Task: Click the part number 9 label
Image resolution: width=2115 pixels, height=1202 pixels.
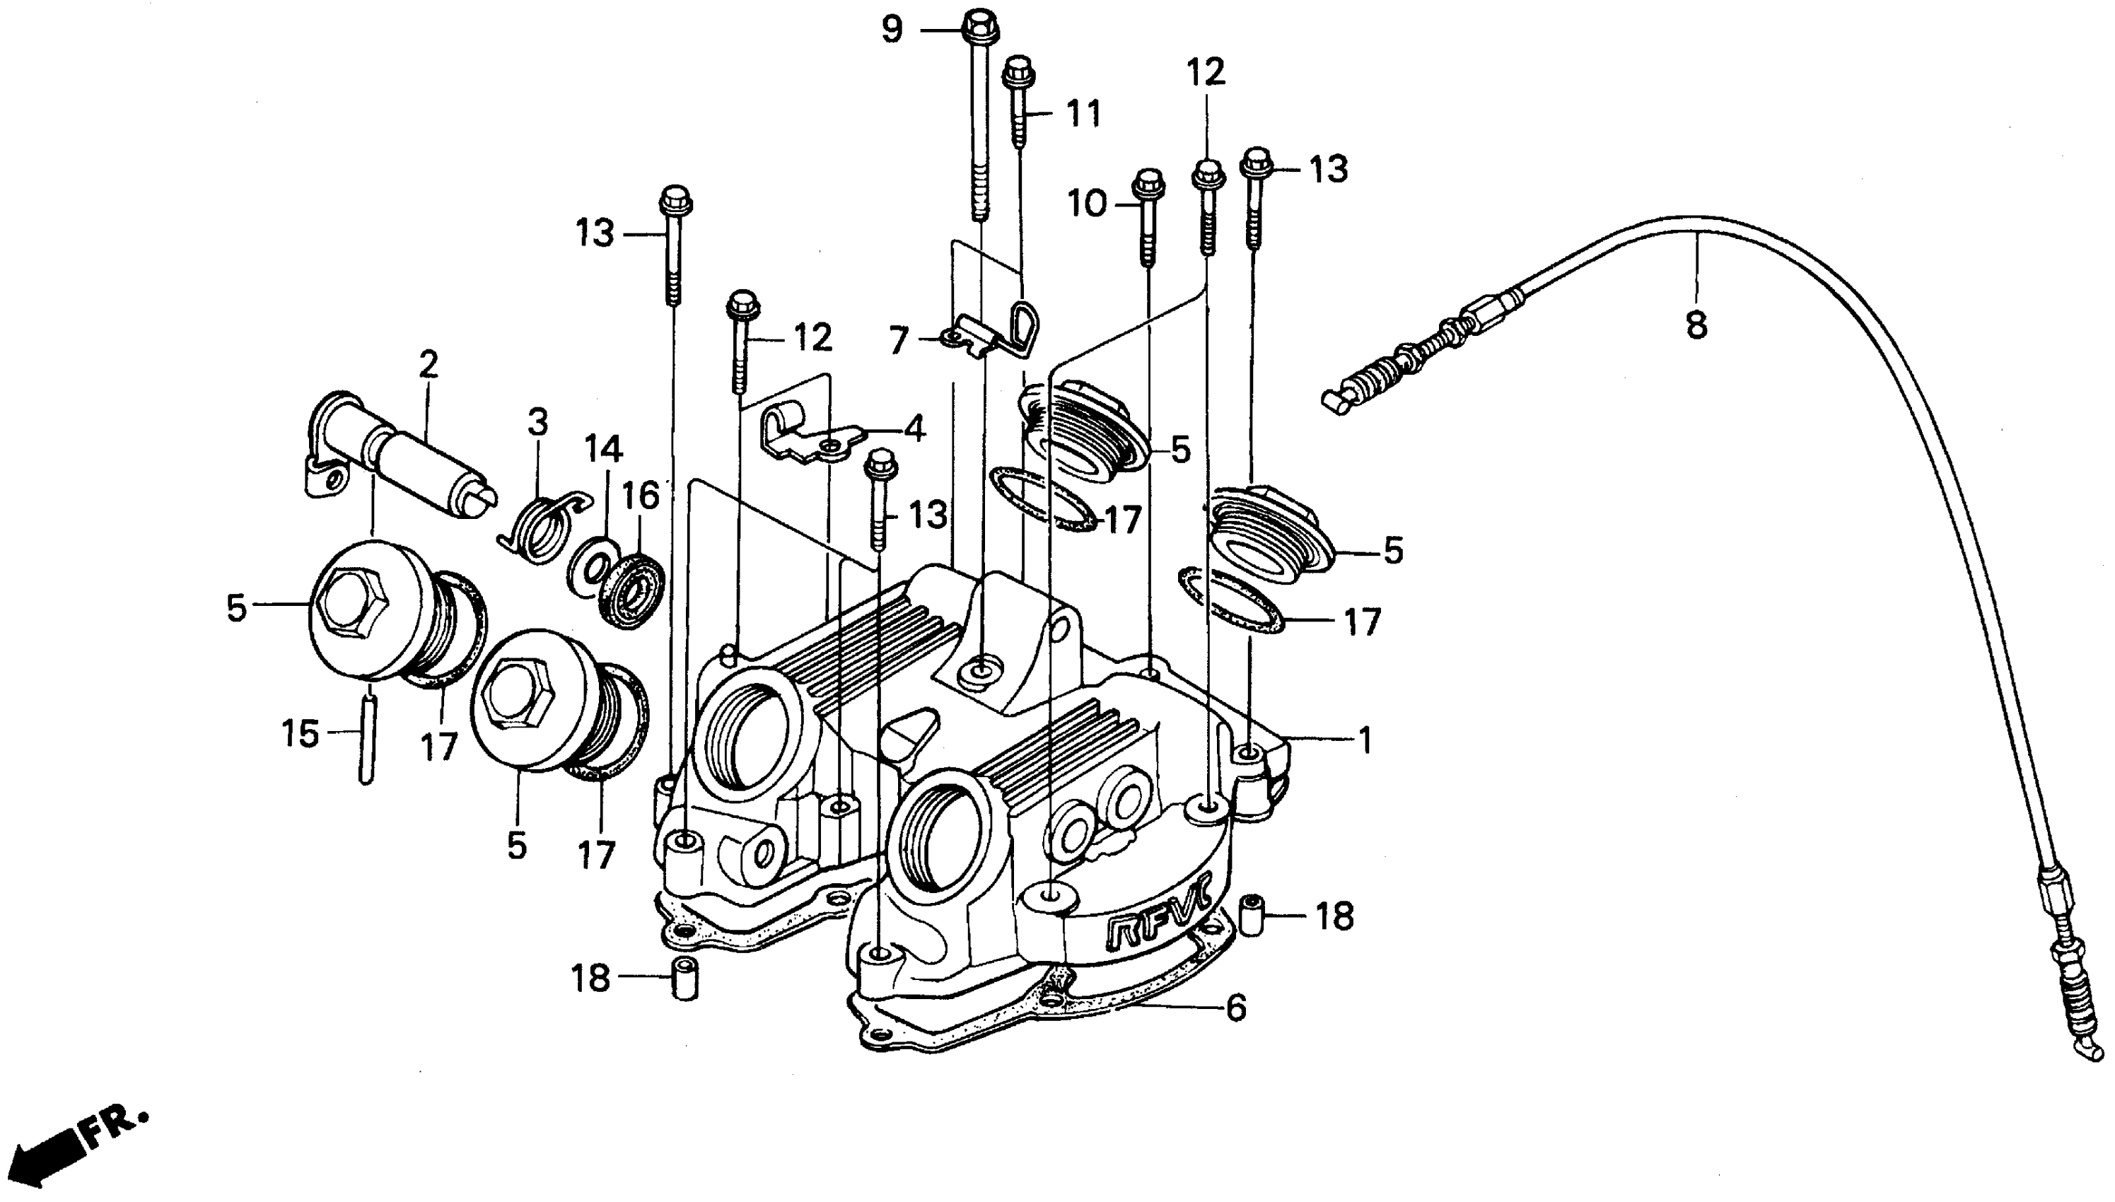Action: pyautogui.click(x=892, y=30)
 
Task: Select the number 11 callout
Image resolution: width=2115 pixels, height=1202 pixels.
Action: pyautogui.click(x=1083, y=115)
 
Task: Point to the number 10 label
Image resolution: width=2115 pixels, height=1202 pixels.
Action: pyautogui.click(x=1088, y=204)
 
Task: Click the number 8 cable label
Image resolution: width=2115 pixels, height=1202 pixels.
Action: pyautogui.click(x=1696, y=325)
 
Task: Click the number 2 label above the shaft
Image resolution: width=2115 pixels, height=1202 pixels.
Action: pyautogui.click(x=428, y=364)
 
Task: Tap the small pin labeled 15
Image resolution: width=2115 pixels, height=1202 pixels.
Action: pyautogui.click(x=368, y=739)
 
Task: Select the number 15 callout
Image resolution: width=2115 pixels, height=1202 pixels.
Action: pyautogui.click(x=301, y=733)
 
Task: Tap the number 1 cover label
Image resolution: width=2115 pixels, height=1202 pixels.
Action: pyautogui.click(x=1365, y=740)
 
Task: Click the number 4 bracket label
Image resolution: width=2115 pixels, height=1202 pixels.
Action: pyautogui.click(x=915, y=428)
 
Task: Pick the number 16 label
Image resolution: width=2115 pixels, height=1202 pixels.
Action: pyautogui.click(x=641, y=496)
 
